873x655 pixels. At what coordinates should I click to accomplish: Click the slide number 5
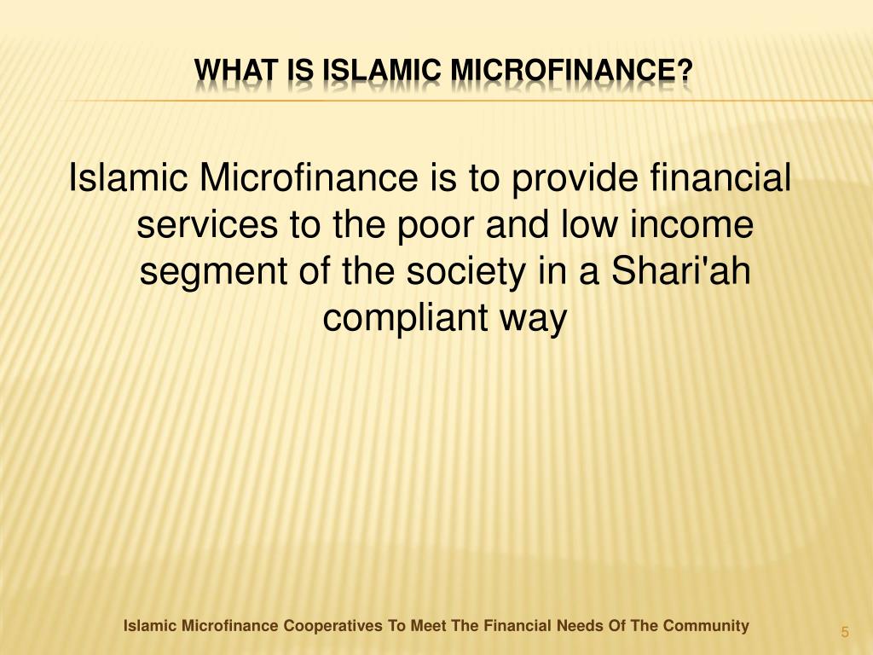[845, 632]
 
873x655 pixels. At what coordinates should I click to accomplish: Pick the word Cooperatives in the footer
[333, 626]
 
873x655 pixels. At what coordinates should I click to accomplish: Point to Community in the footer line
[707, 626]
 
